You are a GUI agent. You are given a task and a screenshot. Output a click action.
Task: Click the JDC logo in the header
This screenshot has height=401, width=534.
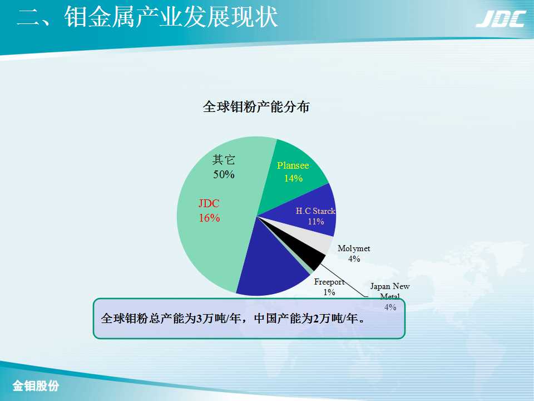click(501, 19)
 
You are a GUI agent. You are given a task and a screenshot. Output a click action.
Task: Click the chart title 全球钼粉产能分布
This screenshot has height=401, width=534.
click(256, 107)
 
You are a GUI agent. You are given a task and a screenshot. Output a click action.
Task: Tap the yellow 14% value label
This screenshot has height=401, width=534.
click(293, 178)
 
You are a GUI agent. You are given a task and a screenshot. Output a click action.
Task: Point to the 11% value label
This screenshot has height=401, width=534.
click(316, 221)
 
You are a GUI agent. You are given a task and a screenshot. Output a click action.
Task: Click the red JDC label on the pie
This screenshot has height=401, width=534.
click(209, 204)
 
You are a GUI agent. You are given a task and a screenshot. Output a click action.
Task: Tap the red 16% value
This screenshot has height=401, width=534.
click(210, 218)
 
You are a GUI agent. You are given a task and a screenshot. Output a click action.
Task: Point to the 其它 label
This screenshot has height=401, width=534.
click(224, 160)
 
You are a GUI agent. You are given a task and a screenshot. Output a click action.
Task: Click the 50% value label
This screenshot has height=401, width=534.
click(224, 174)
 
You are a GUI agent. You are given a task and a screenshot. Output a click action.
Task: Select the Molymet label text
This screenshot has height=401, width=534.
click(354, 248)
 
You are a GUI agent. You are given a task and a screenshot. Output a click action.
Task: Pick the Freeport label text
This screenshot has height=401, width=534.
click(329, 282)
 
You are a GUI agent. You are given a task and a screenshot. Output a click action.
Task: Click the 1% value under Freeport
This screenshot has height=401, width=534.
click(329, 292)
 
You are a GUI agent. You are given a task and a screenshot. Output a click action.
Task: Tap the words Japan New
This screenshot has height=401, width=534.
click(390, 286)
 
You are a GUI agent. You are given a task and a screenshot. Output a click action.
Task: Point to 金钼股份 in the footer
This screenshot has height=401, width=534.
click(36, 385)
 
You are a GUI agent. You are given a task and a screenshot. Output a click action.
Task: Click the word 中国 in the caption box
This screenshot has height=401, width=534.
click(265, 319)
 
